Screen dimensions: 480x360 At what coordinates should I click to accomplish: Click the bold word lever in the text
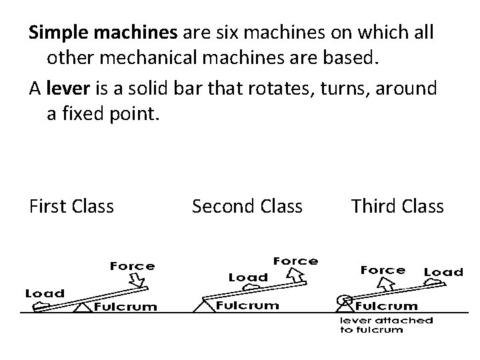click(x=65, y=88)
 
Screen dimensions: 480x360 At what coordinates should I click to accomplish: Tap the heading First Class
click(x=72, y=207)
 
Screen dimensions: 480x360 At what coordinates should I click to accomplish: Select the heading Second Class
click(x=247, y=207)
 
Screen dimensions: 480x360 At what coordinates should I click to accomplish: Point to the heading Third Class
click(x=397, y=207)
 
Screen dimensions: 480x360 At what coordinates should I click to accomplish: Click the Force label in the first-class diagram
click(x=132, y=266)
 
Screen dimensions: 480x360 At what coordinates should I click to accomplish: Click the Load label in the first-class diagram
click(x=45, y=293)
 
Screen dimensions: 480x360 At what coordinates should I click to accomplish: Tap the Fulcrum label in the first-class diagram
click(x=125, y=307)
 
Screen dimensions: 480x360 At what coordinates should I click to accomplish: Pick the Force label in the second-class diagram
click(x=295, y=261)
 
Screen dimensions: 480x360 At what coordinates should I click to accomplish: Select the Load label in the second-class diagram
click(x=248, y=277)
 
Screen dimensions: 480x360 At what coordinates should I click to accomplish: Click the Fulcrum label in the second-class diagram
click(x=247, y=306)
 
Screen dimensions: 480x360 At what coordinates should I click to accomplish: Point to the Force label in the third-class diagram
click(x=383, y=270)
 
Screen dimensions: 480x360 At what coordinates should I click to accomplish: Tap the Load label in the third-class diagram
click(x=443, y=271)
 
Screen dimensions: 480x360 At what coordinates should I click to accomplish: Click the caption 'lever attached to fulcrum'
click(x=386, y=325)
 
